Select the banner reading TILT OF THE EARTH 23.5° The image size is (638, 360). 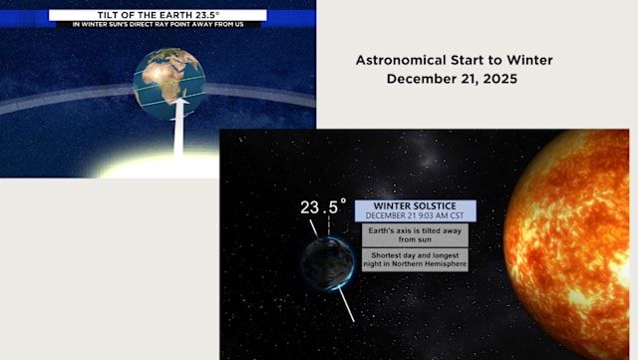click(x=158, y=15)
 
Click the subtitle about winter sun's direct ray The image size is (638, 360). click(x=158, y=25)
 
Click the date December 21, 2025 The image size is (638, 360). click(x=454, y=79)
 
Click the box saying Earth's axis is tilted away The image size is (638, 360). click(x=413, y=234)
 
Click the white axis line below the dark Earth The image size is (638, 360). click(x=346, y=303)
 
